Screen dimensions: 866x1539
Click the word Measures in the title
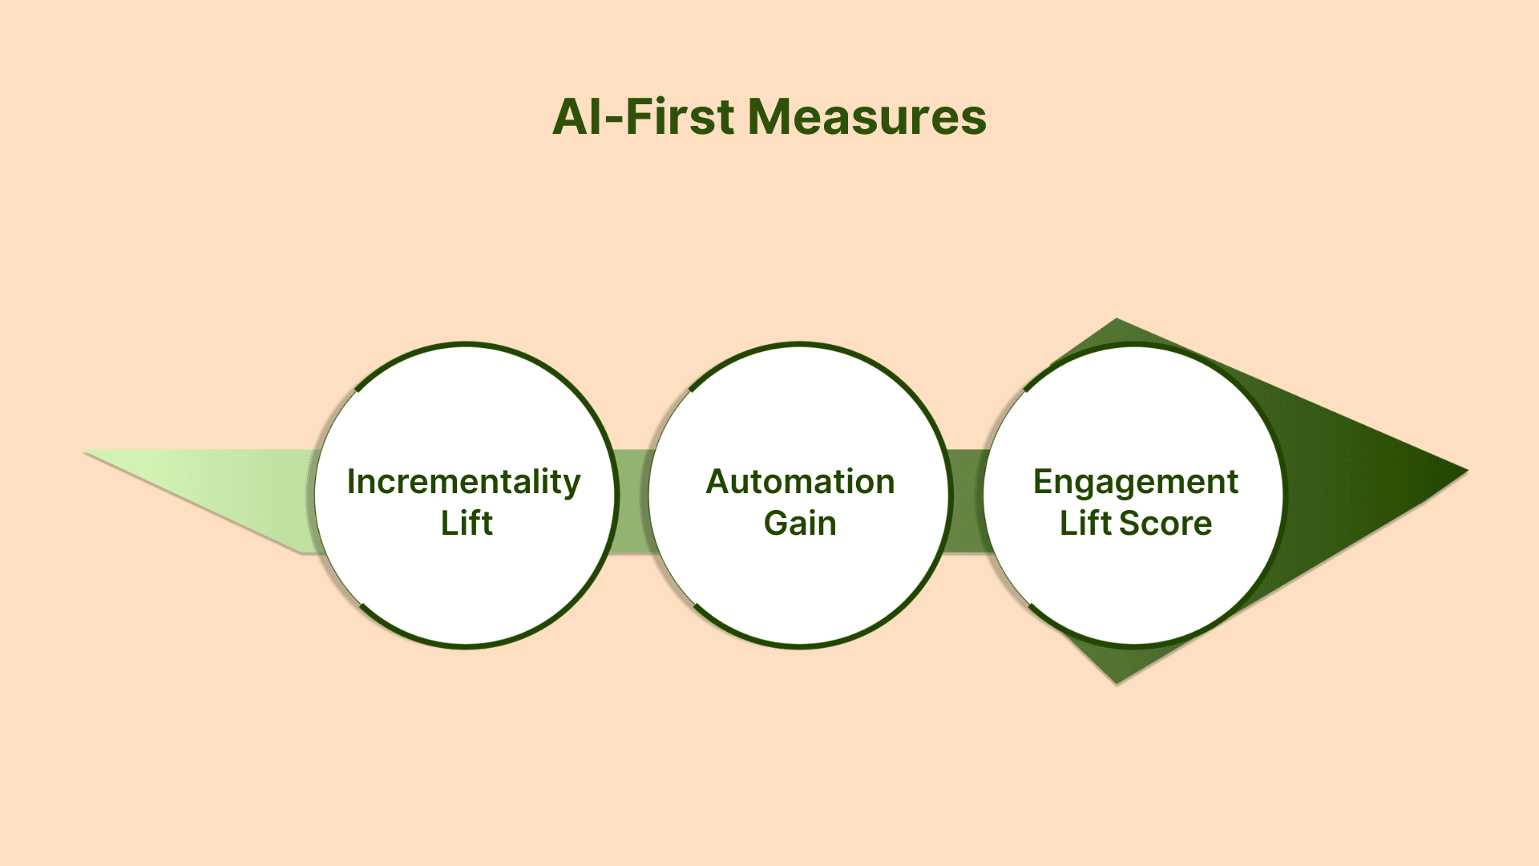tap(866, 117)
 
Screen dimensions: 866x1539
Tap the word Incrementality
tap(463, 483)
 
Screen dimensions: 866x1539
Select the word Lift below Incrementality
tap(467, 524)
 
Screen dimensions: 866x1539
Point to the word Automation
tap(800, 482)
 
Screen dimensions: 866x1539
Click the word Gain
tap(800, 524)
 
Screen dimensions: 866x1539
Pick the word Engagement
tap(1135, 483)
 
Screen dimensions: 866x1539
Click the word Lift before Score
tap(1085, 524)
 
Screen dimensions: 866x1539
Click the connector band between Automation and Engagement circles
tap(967, 501)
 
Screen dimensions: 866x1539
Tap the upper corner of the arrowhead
tap(1117, 322)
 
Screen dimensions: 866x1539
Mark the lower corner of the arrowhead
tap(1117, 681)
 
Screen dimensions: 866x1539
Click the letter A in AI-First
tap(572, 117)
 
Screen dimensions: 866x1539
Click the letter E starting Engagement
tap(1043, 482)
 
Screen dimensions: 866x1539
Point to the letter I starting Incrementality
tap(351, 482)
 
